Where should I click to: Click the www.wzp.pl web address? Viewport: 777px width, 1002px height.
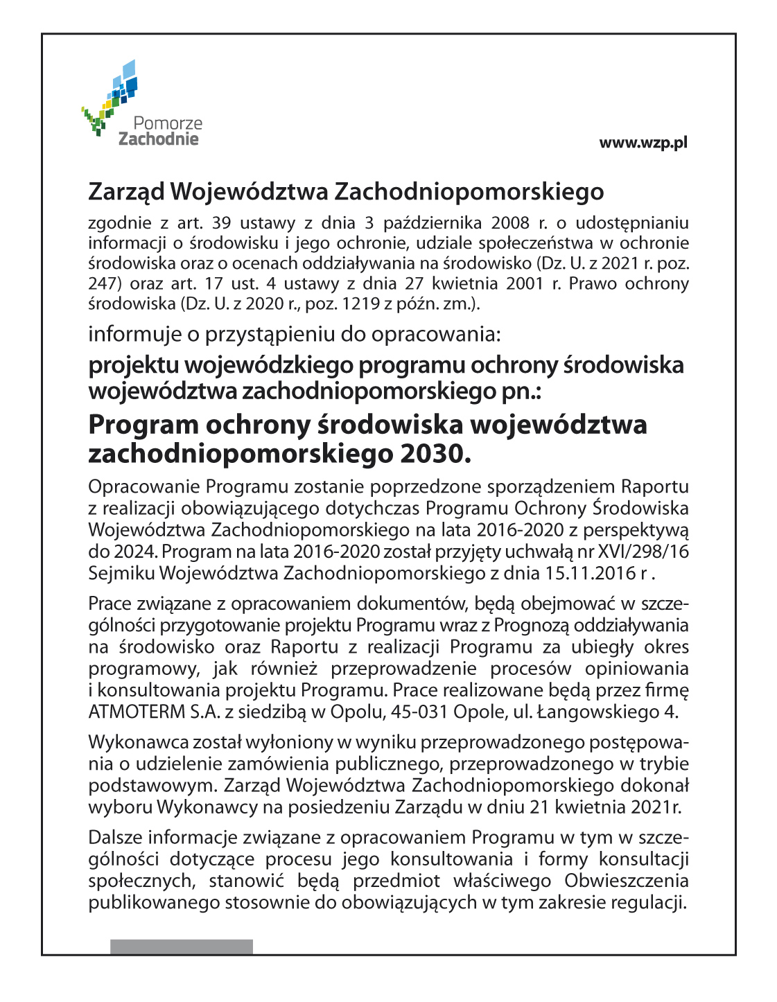pyautogui.click(x=643, y=143)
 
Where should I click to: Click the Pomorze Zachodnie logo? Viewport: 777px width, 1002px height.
pyautogui.click(x=142, y=104)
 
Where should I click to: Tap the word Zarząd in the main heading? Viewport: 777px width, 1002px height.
pyautogui.click(x=127, y=192)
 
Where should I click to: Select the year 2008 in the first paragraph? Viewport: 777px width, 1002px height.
pyautogui.click(x=511, y=223)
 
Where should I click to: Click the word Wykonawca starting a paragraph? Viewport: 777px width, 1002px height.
pyautogui.click(x=128, y=743)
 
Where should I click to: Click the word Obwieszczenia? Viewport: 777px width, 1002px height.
pyautogui.click(x=627, y=881)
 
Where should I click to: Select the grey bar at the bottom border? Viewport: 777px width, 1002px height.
pyautogui.click(x=182, y=947)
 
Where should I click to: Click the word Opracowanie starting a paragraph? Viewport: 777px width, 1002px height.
pyautogui.click(x=143, y=487)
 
